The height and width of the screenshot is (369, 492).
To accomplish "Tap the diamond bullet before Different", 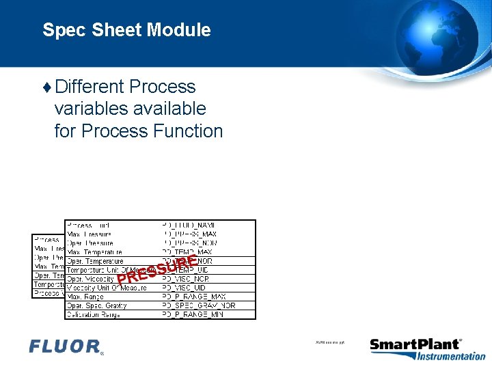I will pos(46,87).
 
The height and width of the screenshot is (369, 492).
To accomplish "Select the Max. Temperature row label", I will pos(96,252).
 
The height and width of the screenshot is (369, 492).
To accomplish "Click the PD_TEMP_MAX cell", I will pos(191,252).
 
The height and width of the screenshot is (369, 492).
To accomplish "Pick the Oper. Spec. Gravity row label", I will pos(96,305).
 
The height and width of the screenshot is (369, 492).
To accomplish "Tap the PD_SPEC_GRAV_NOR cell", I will pos(199,305).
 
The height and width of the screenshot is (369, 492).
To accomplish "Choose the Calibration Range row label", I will pos(94,314).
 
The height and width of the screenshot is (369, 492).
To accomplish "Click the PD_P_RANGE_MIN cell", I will pos(193,314).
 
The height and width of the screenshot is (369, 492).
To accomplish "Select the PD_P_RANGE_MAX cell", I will pos(194,297).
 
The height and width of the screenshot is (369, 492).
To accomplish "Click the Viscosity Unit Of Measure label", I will pos(107,288).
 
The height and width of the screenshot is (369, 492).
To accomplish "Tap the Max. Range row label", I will pos(85,297).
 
